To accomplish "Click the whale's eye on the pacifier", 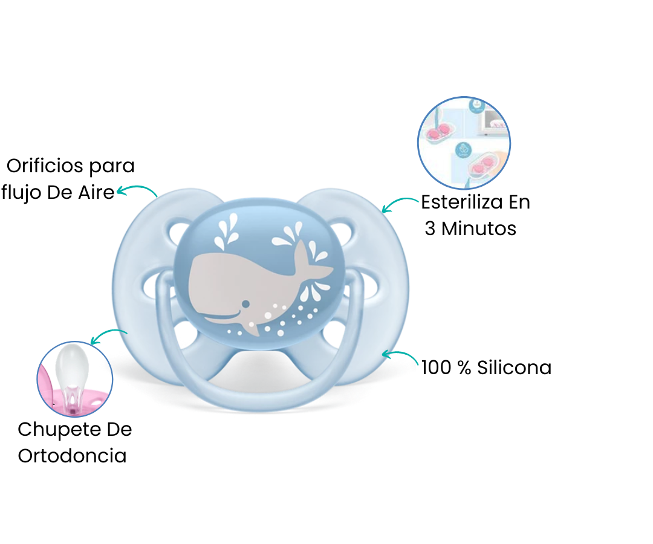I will pyautogui.click(x=245, y=303).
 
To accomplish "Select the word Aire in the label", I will pyautogui.click(x=96, y=193).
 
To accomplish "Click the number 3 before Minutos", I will pyautogui.click(x=430, y=228).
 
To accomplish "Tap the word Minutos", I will pyautogui.click(x=478, y=228).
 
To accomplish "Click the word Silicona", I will pyautogui.click(x=514, y=368).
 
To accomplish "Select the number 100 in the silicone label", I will pyautogui.click(x=437, y=368).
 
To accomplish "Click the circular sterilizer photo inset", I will pyautogui.click(x=464, y=143).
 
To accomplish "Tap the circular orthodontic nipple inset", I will pyautogui.click(x=75, y=379).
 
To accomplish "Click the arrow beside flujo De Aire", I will pyautogui.click(x=137, y=190).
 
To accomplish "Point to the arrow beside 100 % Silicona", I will pyautogui.click(x=400, y=357).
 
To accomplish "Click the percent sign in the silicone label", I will pyautogui.click(x=464, y=368).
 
